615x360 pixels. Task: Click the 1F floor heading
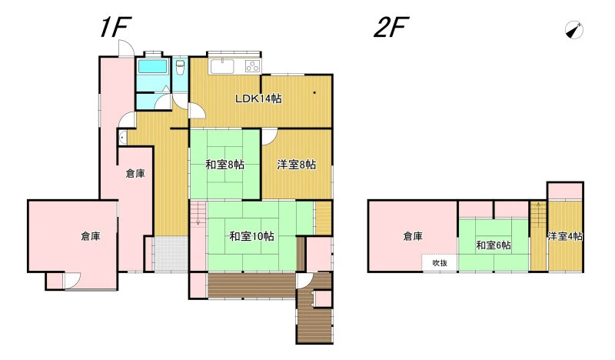(115, 27)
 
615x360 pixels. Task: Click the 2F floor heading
(391, 27)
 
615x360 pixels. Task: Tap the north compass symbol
(573, 30)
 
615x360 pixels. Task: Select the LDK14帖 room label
(258, 98)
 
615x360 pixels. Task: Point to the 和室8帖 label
(224, 165)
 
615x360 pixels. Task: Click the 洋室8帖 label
(297, 165)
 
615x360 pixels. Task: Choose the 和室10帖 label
(251, 236)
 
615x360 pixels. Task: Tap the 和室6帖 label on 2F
(494, 245)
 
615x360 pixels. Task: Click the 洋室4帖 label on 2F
(565, 236)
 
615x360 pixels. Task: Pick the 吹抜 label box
(440, 262)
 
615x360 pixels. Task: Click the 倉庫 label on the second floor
(413, 236)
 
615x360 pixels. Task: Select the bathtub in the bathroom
(152, 67)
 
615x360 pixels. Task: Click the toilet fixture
(180, 68)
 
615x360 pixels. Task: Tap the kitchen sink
(222, 66)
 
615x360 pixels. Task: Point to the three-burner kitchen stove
(253, 66)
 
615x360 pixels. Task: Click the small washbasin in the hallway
(122, 138)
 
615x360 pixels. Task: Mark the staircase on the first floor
(198, 214)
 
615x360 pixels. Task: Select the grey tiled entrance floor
(171, 254)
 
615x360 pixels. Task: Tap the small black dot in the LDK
(314, 93)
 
